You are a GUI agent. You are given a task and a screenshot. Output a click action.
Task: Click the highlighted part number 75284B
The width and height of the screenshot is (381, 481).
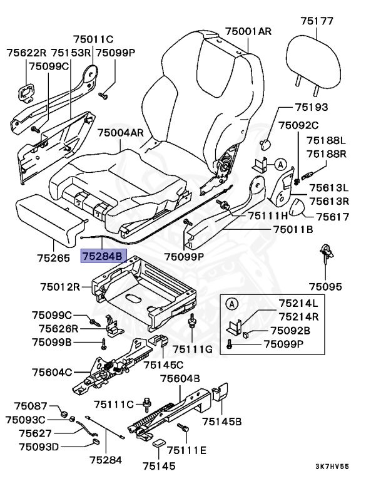[104, 256]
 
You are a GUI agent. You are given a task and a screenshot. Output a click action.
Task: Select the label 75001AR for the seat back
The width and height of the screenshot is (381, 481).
[248, 31]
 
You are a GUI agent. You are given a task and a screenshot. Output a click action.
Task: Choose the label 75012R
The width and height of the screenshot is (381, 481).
[61, 287]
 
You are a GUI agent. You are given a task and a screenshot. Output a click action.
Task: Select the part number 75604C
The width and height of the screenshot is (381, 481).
[53, 373]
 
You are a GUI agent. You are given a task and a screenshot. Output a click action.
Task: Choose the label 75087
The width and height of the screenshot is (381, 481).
[31, 406]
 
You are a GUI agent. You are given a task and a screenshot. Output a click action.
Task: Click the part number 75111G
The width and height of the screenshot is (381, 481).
[193, 348]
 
